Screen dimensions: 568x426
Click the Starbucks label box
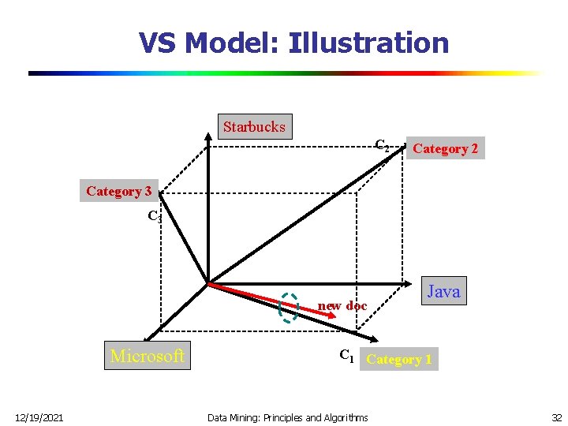click(254, 126)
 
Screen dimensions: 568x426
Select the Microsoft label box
click(148, 356)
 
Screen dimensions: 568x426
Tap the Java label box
click(443, 292)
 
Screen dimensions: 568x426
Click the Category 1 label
click(398, 360)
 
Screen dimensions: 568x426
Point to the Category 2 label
click(445, 148)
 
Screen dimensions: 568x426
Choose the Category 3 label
click(118, 191)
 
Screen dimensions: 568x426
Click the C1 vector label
click(346, 356)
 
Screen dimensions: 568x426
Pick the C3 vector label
click(155, 216)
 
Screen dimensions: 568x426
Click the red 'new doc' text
click(342, 305)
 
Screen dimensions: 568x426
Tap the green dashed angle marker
click(290, 308)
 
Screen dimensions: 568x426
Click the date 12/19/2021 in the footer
click(39, 417)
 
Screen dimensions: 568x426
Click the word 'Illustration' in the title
click(368, 43)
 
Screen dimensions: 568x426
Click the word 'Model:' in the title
click(234, 43)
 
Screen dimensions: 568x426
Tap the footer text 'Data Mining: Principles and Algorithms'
click(287, 417)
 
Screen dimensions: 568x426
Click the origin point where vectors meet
click(207, 283)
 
